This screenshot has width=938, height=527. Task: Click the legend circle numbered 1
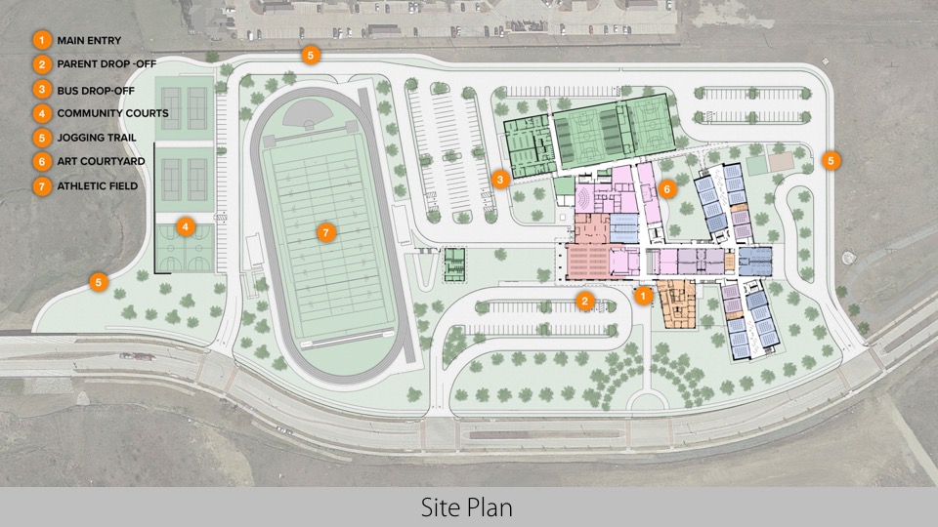click(x=42, y=40)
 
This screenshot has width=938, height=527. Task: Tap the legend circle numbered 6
click(x=42, y=161)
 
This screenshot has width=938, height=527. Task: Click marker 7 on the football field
click(x=326, y=232)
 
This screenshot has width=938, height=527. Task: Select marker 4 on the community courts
click(x=184, y=227)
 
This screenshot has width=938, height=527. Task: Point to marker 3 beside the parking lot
click(x=500, y=180)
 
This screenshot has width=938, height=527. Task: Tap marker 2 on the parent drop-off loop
click(x=584, y=300)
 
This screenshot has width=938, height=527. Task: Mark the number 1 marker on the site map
click(x=644, y=293)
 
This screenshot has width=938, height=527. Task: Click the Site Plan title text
click(x=467, y=507)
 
